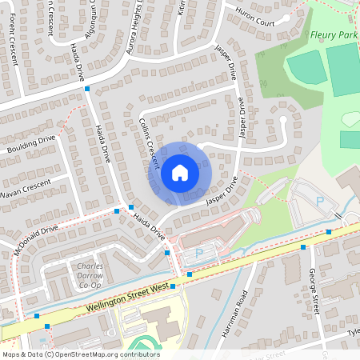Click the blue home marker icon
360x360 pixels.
[180, 171]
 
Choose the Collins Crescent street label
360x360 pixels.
[158, 142]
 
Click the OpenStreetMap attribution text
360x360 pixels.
[81, 354]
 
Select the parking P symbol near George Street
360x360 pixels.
[320, 202]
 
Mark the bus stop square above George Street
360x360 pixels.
[304, 247]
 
